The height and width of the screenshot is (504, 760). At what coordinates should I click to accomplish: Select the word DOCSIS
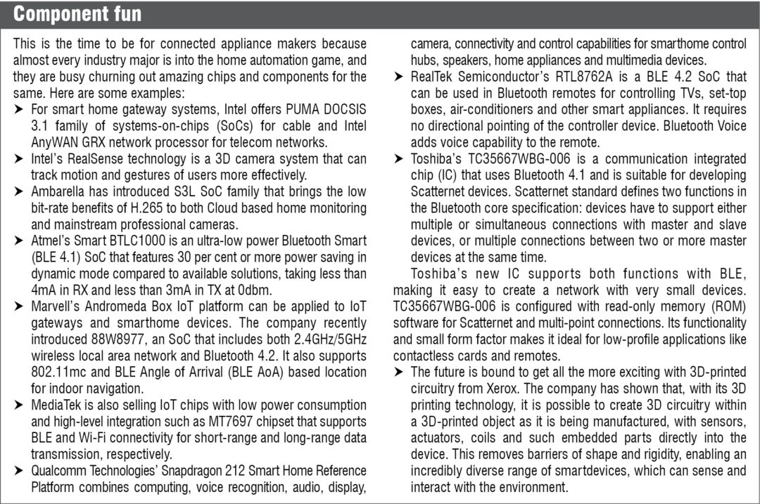pos(343,110)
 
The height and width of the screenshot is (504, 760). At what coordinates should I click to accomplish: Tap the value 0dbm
pos(256,289)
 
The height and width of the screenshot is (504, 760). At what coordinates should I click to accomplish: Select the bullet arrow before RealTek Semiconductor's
pos(399,77)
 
